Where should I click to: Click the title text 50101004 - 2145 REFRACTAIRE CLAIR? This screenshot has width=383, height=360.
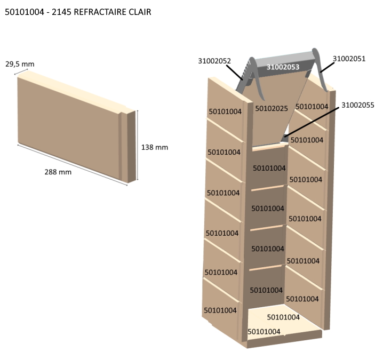point(77,12)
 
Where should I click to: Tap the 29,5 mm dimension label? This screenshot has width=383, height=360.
point(20,64)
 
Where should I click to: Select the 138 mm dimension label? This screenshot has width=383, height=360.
point(155,147)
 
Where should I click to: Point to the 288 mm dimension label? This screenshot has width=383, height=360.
point(58,172)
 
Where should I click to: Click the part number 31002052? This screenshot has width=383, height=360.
point(214,61)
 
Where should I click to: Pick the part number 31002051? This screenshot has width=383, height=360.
point(349,59)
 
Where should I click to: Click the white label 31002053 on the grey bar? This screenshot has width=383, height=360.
point(283,67)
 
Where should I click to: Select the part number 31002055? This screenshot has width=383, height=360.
point(358,106)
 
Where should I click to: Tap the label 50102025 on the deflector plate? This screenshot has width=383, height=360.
point(272,108)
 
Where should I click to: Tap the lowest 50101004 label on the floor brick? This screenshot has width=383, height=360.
point(265,331)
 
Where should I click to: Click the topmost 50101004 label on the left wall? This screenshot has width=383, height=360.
point(225,111)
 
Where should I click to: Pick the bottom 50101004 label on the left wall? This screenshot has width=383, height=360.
point(220,310)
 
